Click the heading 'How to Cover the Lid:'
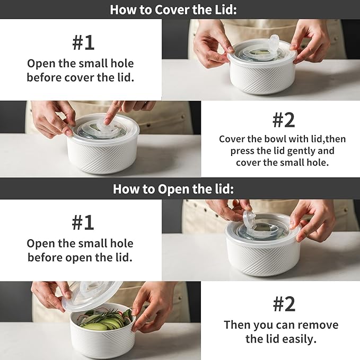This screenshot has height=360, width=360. click(173, 10)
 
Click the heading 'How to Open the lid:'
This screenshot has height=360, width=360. click(173, 189)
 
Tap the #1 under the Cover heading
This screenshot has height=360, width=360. click(83, 42)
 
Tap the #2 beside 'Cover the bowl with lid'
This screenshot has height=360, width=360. click(284, 120)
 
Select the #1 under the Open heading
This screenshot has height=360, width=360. click(83, 222)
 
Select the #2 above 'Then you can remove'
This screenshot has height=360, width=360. click(284, 304)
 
